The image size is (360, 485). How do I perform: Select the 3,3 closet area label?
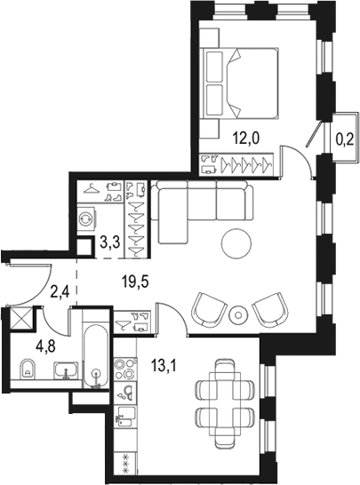point(109,240)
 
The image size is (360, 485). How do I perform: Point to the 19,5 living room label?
point(136,282)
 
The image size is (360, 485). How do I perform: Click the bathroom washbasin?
point(63,370)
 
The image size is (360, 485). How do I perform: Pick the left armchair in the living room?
point(210,308)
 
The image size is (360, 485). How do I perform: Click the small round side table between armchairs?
point(238,314)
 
